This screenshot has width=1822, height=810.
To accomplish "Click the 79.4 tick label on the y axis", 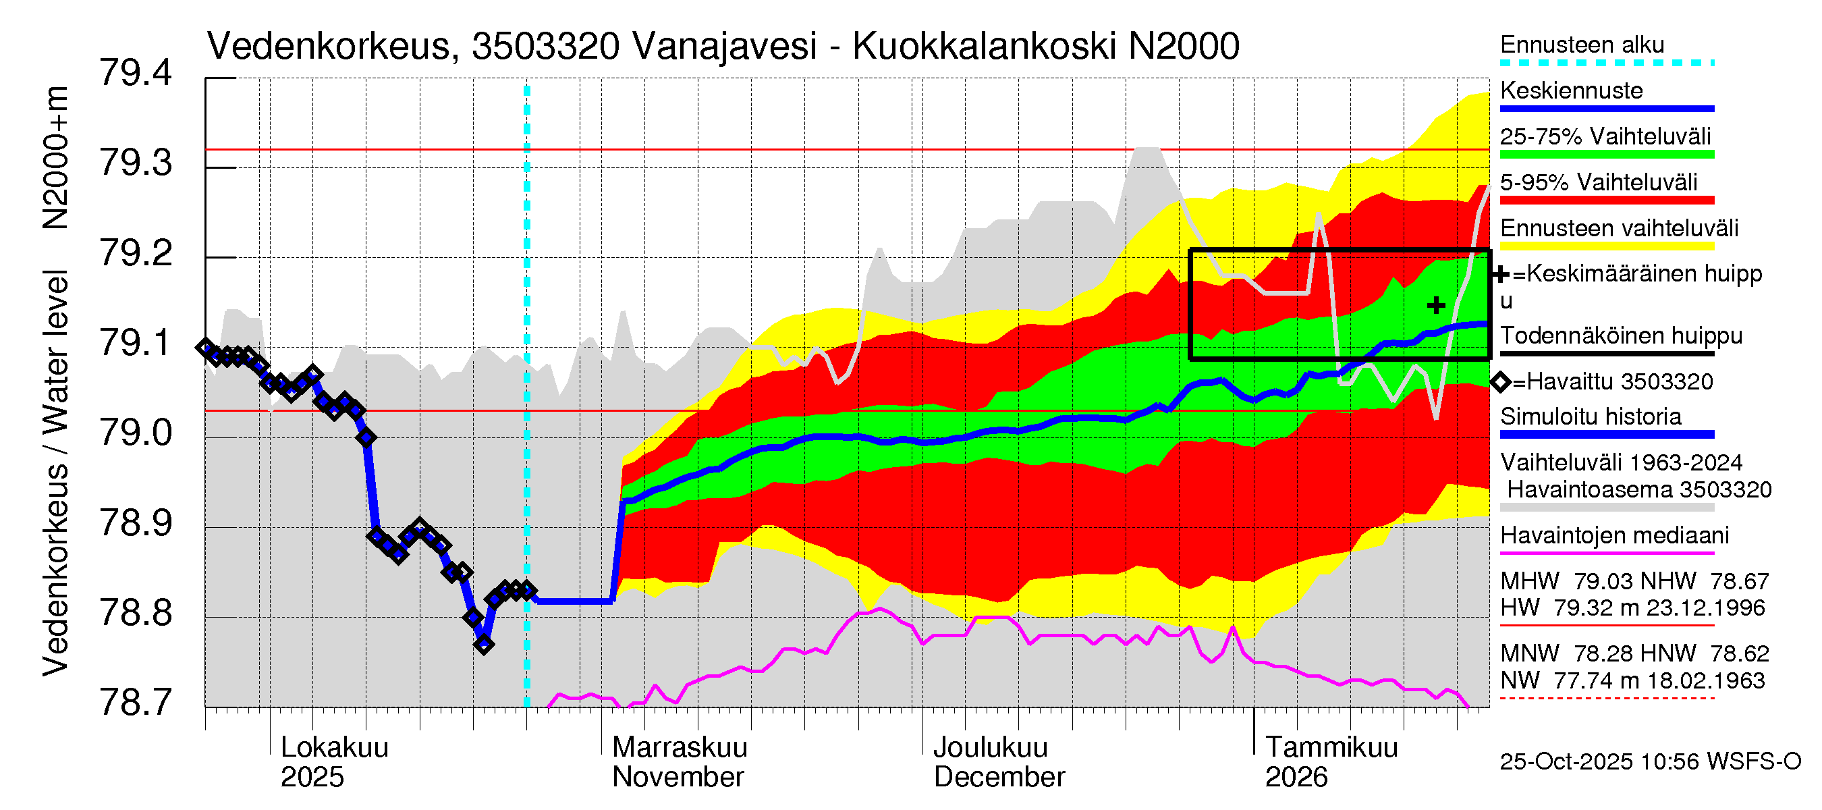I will point(136,74).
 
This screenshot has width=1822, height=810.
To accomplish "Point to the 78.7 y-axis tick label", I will point(136,703).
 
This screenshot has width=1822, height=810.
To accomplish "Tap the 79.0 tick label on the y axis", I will point(136,433).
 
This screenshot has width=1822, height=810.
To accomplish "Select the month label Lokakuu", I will point(335,747).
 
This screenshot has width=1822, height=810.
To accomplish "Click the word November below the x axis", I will point(678,777).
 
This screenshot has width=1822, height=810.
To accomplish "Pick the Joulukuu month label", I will point(990,747).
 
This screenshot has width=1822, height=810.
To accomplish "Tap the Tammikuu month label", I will point(1331,747).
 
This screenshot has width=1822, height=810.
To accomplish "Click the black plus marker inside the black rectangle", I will point(1436,306).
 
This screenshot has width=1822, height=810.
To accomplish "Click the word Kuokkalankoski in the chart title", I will point(984,47).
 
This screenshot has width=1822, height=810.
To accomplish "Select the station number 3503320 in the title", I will point(545,47).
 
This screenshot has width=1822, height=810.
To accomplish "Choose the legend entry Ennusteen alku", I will point(1582,45).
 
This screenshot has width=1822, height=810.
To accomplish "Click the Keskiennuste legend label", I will point(1571,90).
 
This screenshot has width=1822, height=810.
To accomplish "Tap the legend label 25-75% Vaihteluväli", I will point(1605,136).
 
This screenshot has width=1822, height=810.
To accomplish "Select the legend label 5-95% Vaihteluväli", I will point(1598,182).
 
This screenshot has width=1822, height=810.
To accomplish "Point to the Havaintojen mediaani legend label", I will point(1614,535).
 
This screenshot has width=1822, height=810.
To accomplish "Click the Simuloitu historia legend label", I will point(1591,416).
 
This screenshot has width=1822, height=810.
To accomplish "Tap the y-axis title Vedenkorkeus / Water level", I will point(55,473).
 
